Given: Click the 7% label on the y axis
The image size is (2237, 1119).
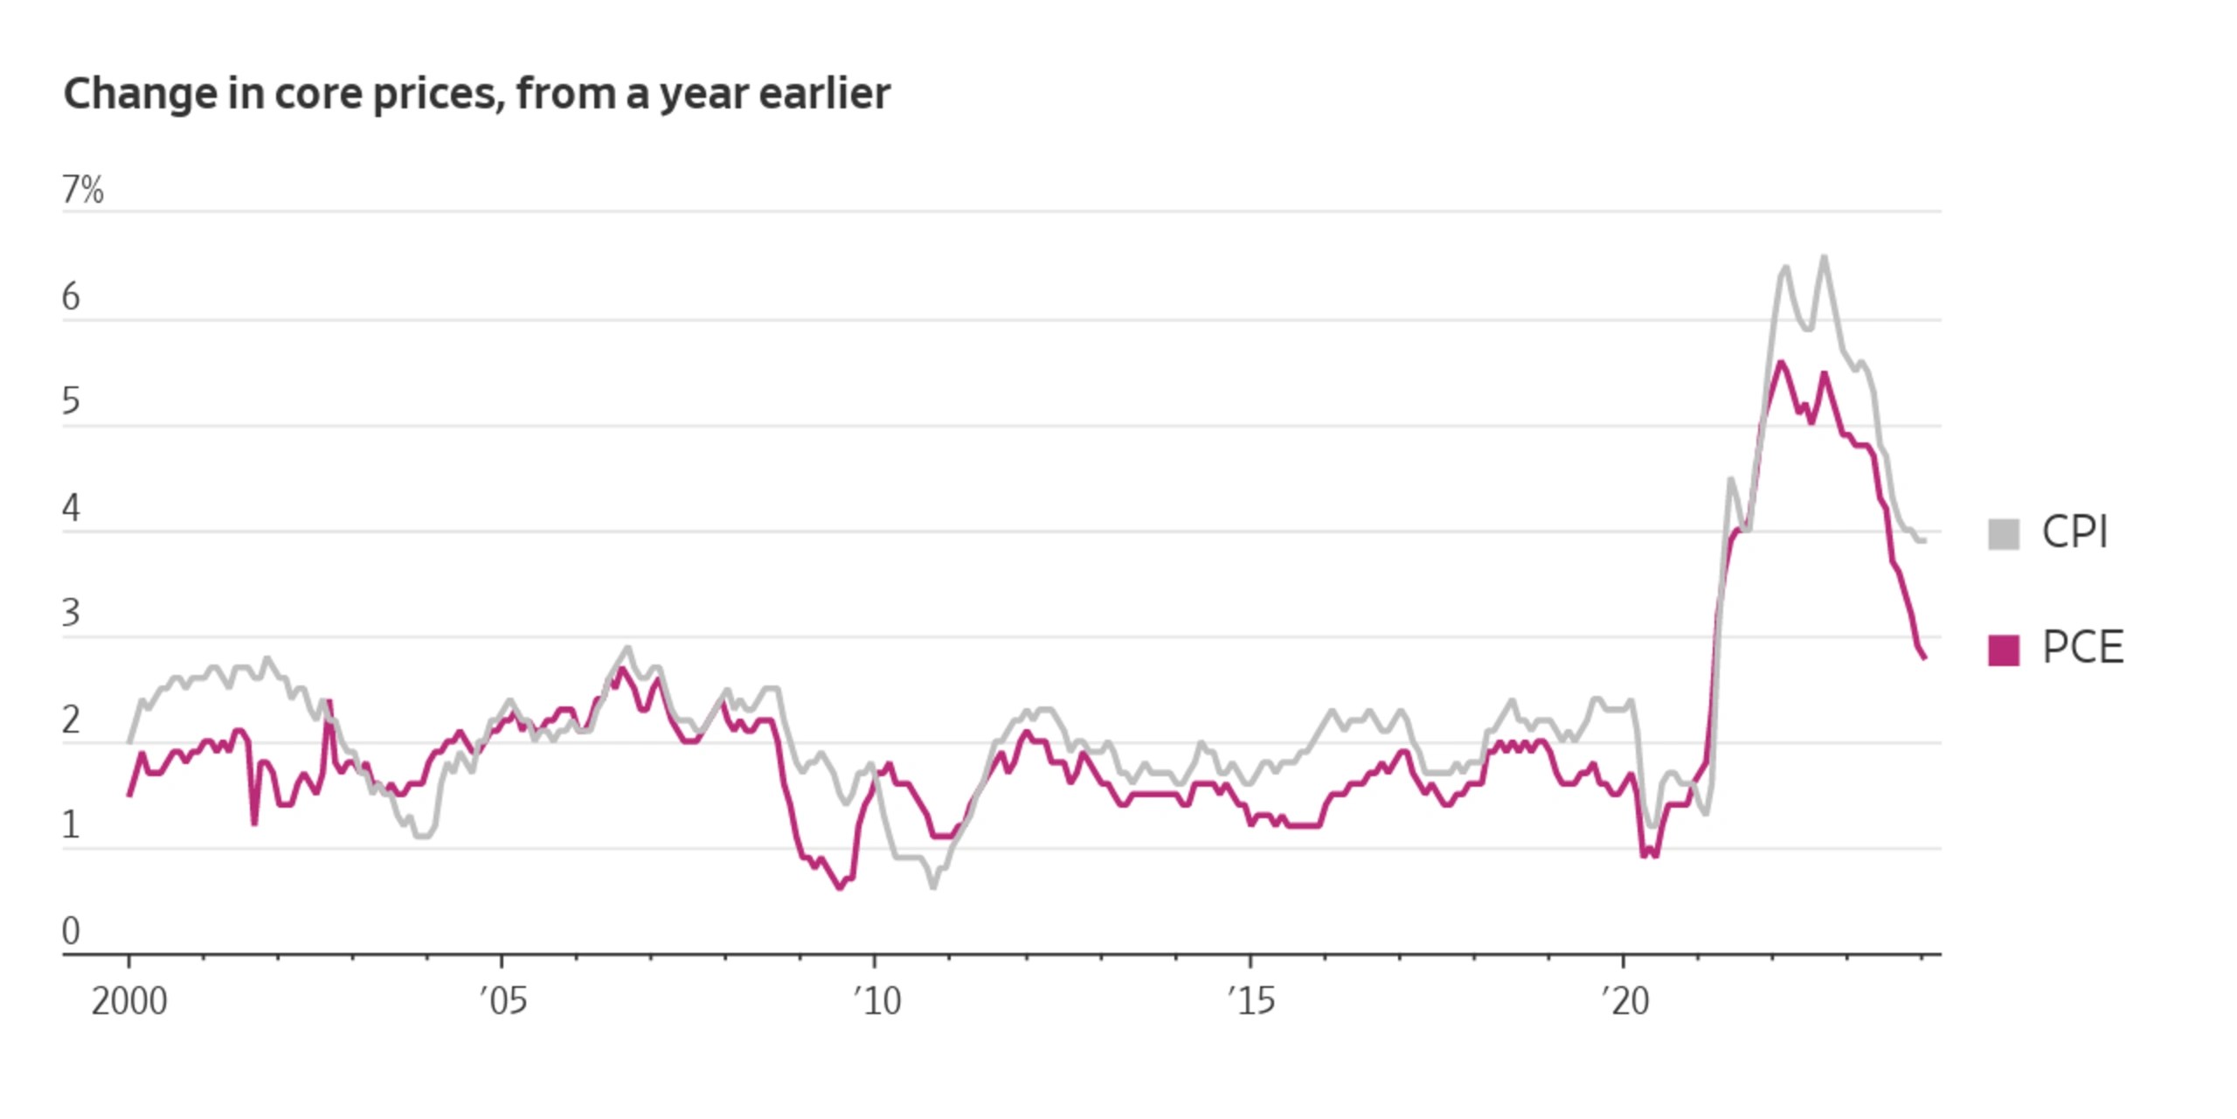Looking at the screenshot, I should click(83, 190).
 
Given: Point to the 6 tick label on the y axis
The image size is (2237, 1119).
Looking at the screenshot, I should click(71, 297).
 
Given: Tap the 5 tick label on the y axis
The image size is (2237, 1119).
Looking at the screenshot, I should click(71, 401).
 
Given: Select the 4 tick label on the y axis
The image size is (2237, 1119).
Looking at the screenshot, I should click(71, 508).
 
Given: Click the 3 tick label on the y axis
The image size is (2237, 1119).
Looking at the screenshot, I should click(71, 613).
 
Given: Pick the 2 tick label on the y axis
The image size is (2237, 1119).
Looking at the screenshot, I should click(71, 720).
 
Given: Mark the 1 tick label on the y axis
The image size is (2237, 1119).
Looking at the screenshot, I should click(71, 825).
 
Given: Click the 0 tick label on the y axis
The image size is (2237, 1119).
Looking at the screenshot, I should click(71, 931).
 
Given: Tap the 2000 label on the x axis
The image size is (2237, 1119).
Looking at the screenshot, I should click(129, 1001).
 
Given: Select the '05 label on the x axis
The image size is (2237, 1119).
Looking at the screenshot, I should click(503, 1001).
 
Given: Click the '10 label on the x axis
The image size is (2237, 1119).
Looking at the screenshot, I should click(877, 1001).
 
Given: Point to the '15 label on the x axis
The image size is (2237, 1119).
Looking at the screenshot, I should click(1251, 1001).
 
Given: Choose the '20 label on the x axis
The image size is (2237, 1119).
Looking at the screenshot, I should click(1625, 1001).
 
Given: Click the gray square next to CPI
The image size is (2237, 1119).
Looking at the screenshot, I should click(2004, 534).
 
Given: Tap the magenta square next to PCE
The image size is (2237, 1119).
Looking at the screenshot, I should click(2004, 650).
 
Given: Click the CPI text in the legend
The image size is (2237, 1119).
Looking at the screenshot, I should click(2075, 532).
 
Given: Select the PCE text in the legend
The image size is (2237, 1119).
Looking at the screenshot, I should click(2083, 648).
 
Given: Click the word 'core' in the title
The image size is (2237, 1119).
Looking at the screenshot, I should click(318, 94).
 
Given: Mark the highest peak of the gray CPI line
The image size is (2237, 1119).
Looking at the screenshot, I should click(1824, 257).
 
